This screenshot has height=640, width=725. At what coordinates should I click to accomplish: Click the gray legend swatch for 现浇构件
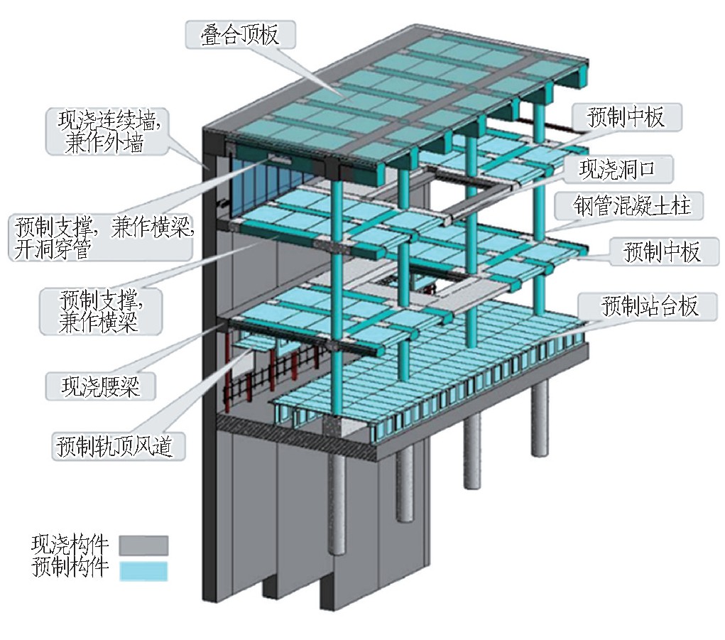coord(143,545)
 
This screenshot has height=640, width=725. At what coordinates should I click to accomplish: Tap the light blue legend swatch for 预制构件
coord(143,571)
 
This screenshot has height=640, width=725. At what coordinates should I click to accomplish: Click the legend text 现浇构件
coord(70,545)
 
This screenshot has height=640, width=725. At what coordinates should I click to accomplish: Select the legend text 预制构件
coord(70,568)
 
